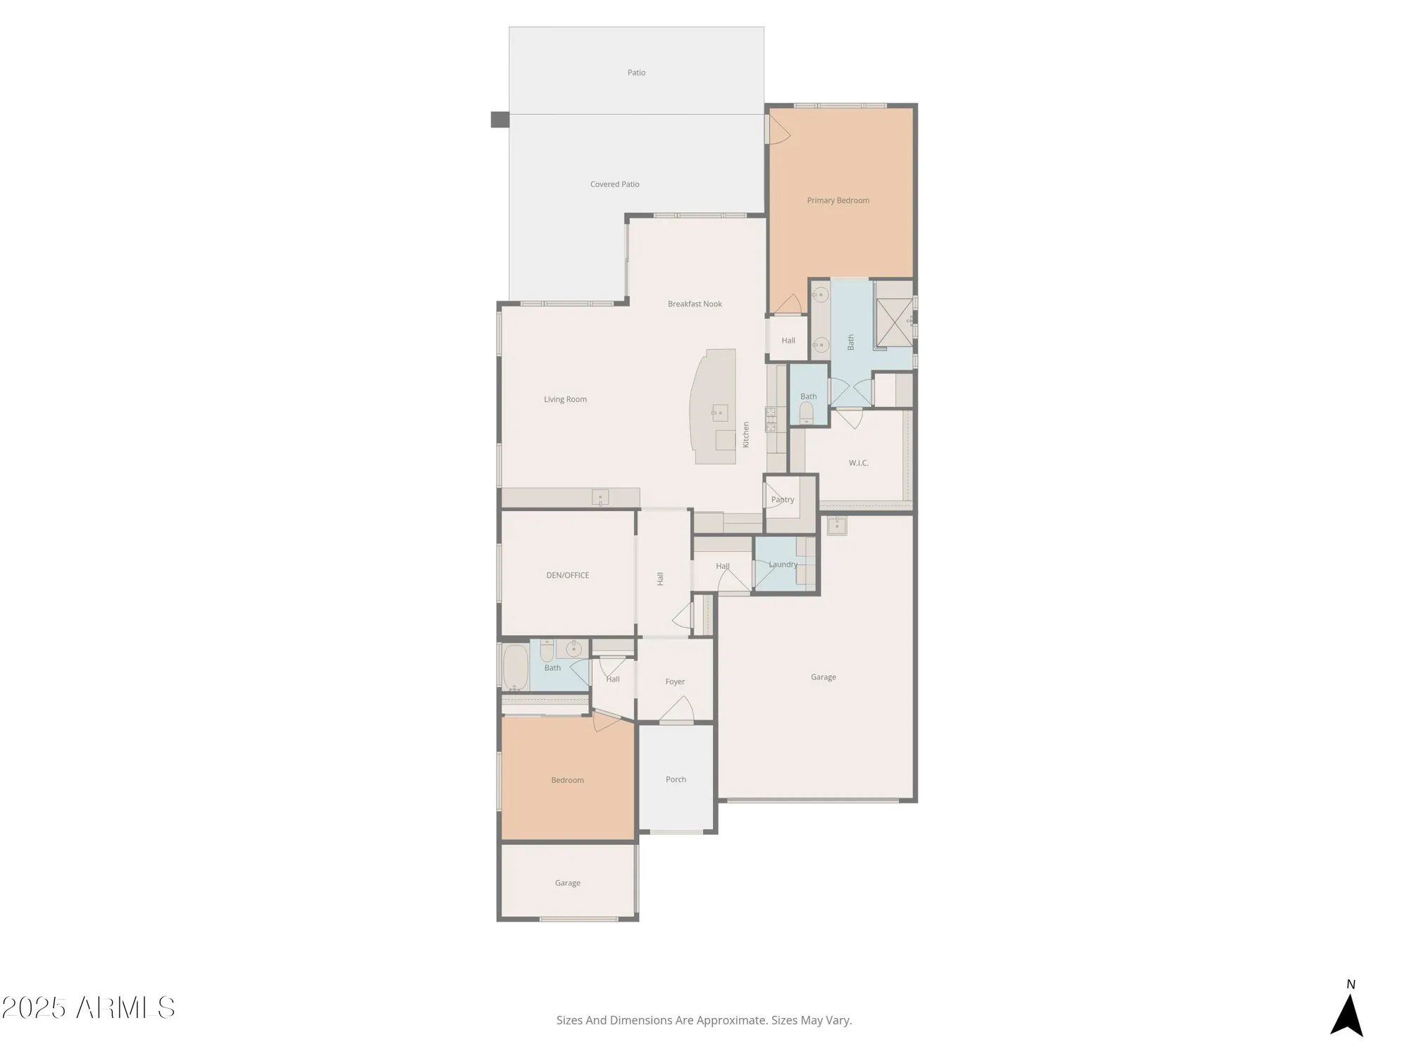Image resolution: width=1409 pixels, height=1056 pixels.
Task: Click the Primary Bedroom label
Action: coord(838,201)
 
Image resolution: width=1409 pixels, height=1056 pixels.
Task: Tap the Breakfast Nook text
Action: coord(695,304)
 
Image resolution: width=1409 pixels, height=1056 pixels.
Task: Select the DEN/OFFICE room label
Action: coord(567,575)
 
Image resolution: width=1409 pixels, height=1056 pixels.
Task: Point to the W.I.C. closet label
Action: coord(858,463)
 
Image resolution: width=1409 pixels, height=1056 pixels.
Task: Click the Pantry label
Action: coord(782,500)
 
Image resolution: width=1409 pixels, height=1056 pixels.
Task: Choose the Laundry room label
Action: coord(783,565)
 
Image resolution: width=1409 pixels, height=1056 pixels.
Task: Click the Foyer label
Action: coord(674,681)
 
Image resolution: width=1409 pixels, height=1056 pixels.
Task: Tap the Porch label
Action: coord(676,779)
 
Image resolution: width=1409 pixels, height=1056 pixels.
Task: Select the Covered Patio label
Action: coord(614,184)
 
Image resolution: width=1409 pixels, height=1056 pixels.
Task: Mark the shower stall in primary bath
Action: coord(894,322)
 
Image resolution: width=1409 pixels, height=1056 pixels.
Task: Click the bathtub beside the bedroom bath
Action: coord(515,667)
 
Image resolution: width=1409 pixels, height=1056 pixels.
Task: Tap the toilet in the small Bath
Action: coord(807,413)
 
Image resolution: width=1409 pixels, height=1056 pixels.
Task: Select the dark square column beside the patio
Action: coord(499,120)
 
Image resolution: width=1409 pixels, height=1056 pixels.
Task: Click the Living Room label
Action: coord(565,399)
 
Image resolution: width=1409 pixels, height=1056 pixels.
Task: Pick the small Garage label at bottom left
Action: coord(567,883)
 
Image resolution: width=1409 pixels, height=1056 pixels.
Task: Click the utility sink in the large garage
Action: coord(836,525)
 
